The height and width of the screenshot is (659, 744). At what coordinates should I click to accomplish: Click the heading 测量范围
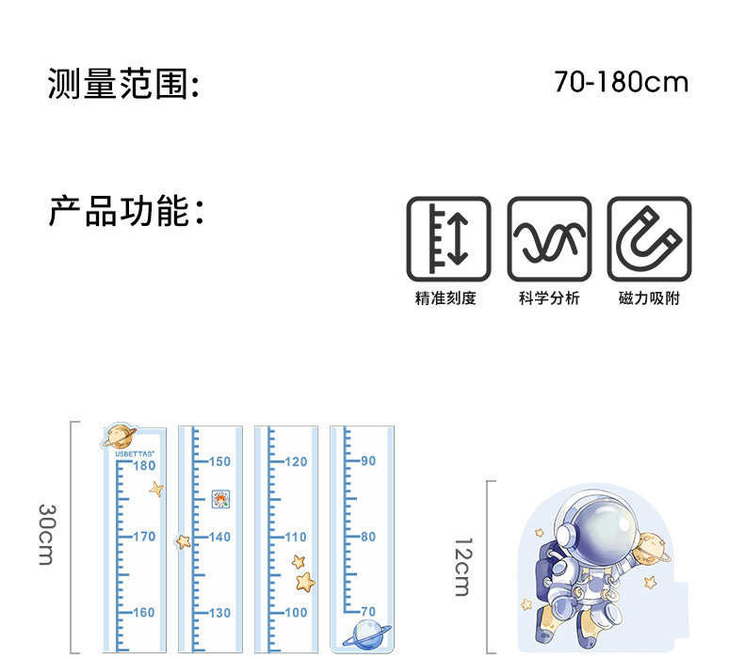click(123, 84)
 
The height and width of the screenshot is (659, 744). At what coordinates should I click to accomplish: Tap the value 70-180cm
click(622, 82)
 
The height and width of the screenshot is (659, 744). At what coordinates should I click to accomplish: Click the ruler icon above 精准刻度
click(448, 238)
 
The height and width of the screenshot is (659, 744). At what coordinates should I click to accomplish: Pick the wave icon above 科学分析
click(549, 238)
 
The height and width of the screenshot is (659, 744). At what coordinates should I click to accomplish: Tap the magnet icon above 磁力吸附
click(649, 238)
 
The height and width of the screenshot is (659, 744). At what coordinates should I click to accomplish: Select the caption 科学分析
click(549, 298)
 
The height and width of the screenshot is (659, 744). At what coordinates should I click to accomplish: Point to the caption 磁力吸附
click(649, 298)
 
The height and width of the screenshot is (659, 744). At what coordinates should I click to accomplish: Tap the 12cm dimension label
click(462, 566)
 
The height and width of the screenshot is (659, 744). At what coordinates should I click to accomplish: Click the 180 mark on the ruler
click(144, 465)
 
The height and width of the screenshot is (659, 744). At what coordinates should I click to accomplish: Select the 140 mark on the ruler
click(218, 537)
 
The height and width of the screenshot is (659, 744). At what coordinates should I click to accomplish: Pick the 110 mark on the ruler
click(296, 537)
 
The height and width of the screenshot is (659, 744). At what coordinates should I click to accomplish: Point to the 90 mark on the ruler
click(367, 460)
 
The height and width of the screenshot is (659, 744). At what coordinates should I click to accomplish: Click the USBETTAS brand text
click(135, 453)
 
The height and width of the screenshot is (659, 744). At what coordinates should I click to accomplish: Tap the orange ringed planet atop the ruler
click(120, 436)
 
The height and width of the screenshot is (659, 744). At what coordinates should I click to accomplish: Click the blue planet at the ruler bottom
click(364, 635)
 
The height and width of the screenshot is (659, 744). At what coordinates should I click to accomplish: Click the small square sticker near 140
click(220, 499)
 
